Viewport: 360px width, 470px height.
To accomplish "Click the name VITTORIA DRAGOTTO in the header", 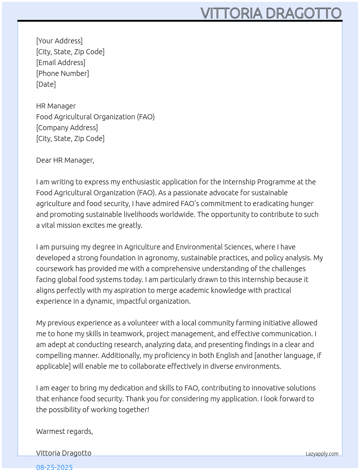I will click(x=271, y=13).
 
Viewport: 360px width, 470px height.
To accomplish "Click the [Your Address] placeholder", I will click(x=59, y=41).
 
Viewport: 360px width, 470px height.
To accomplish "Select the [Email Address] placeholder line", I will click(x=61, y=63).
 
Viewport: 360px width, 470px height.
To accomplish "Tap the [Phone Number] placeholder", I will click(x=63, y=73).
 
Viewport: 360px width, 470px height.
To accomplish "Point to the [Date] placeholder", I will click(x=46, y=84).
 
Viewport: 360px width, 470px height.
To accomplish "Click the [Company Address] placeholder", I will click(x=67, y=128).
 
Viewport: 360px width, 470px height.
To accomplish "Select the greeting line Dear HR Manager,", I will click(x=65, y=160).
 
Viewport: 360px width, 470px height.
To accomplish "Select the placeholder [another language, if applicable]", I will click(x=288, y=355).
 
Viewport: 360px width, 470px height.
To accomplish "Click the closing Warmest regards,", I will click(x=64, y=431).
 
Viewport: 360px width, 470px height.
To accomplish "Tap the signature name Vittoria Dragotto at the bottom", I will click(x=64, y=453).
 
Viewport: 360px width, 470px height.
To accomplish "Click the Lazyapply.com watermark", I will click(x=322, y=454).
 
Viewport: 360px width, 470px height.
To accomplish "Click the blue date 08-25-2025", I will click(x=54, y=467).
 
